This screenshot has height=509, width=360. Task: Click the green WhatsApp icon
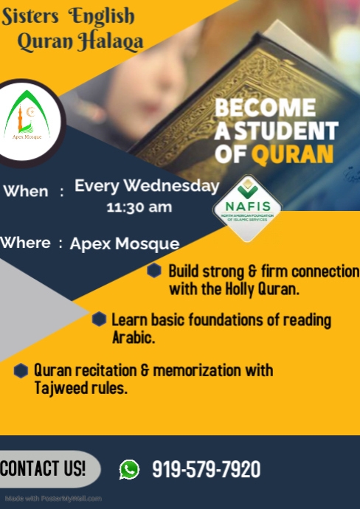coord(129,469)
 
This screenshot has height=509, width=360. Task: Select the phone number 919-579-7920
coord(206,469)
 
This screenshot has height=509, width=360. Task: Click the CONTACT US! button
coord(44,468)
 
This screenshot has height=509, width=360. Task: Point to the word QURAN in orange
coord(293,153)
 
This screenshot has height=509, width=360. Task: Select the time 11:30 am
coord(139,207)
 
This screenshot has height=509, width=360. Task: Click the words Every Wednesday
coord(147,186)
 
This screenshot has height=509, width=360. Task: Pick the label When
coord(26,191)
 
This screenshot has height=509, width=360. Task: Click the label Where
coord(26,243)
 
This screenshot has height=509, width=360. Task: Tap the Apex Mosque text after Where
coord(125,243)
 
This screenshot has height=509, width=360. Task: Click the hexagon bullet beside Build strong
coord(154,271)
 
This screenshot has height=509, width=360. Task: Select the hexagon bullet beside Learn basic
coord(100,319)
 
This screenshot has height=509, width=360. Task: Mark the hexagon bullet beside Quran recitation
coord(21,370)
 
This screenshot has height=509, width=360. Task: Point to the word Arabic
coord(133,338)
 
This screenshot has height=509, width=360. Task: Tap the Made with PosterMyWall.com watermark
coord(52,499)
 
